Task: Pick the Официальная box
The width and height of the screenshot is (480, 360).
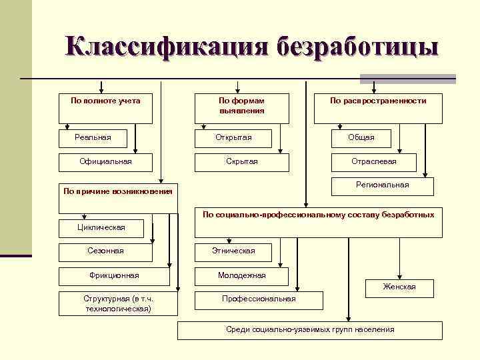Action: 105,161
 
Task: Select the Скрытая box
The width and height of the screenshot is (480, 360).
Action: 241,161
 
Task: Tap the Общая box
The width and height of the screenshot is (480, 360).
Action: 361,137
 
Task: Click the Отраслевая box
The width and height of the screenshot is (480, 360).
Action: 373,161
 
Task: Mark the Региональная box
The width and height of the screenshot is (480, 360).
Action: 382,185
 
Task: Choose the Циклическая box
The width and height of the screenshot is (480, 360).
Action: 101,228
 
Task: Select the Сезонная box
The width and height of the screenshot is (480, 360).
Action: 105,251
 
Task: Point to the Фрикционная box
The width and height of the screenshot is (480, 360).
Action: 114,275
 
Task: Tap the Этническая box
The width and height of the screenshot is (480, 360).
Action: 233,251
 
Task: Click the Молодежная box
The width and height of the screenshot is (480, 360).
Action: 241,275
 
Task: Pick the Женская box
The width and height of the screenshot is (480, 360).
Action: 399,287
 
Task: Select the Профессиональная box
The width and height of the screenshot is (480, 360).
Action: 259,299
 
